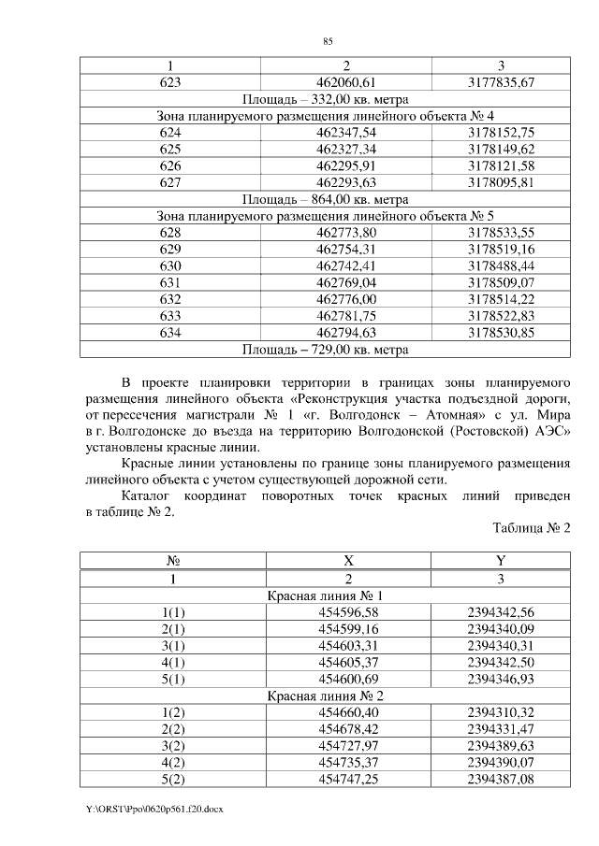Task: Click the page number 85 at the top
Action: [x=328, y=41]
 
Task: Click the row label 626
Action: [x=170, y=165]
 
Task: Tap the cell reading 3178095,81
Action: [x=501, y=182]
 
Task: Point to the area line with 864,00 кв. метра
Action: [x=325, y=199]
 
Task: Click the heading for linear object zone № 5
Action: [x=325, y=216]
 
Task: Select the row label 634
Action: [x=170, y=333]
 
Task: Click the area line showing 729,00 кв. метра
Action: [x=325, y=350]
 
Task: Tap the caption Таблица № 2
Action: [x=531, y=528]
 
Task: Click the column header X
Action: [x=346, y=561]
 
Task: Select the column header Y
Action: [x=501, y=561]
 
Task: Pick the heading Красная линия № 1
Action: [x=325, y=595]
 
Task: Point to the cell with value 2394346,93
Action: [x=501, y=679]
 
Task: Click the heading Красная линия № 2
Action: [x=325, y=695]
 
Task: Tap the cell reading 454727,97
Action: [x=346, y=746]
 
